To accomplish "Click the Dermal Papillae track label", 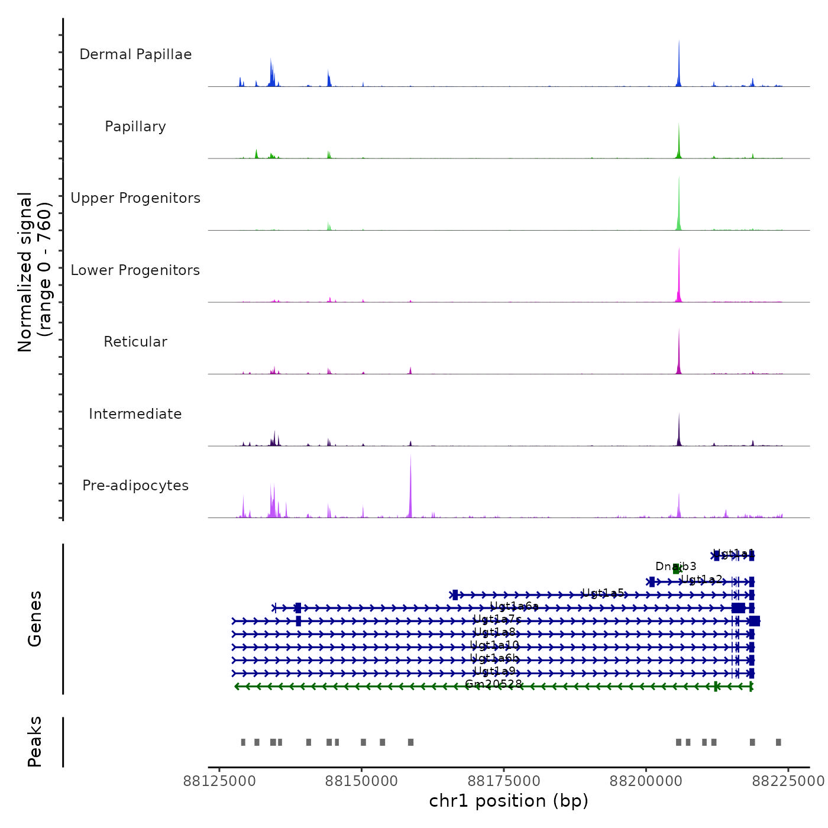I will click(x=135, y=54).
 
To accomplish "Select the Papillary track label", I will click(x=135, y=127).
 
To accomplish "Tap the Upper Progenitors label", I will click(x=135, y=198).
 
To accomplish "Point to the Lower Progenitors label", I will click(x=135, y=270).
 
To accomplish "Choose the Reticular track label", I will click(x=135, y=342).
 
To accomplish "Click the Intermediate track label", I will click(x=135, y=414).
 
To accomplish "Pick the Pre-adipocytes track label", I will click(x=135, y=486).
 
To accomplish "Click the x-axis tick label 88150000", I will click(x=362, y=781).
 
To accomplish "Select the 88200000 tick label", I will click(x=646, y=781).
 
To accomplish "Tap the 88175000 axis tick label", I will click(x=504, y=781).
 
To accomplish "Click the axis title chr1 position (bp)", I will click(x=509, y=801).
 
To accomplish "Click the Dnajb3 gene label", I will click(x=675, y=567).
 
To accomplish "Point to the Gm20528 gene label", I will click(x=494, y=684).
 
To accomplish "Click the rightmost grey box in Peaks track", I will click(x=778, y=742).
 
